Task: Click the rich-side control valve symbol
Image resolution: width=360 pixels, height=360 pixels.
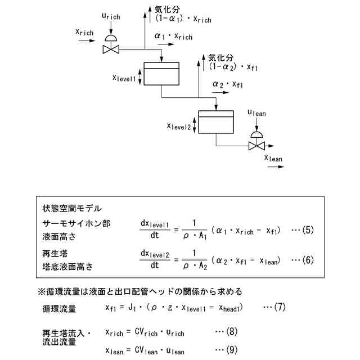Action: (x=111, y=49)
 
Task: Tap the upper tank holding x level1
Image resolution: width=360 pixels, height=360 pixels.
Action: (x=161, y=74)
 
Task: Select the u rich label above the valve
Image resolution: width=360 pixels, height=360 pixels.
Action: (x=111, y=17)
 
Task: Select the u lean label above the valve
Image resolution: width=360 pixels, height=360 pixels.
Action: (x=256, y=113)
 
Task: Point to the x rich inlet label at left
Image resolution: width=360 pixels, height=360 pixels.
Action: (x=84, y=32)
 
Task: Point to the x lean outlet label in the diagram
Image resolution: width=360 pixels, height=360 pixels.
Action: (x=273, y=158)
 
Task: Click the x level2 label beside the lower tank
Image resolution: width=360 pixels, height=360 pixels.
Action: (x=179, y=126)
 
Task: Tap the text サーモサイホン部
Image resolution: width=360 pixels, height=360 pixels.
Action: (x=76, y=223)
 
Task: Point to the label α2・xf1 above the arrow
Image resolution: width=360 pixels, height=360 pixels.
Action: (x=227, y=84)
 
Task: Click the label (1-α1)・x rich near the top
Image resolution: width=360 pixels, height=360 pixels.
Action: (x=183, y=19)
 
